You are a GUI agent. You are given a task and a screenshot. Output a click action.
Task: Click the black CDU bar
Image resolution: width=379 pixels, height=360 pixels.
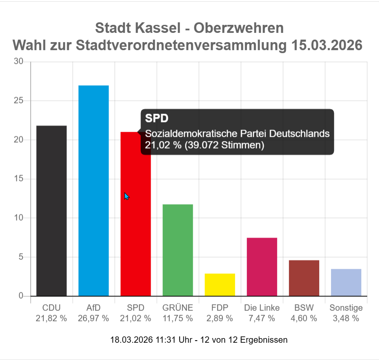tap(51, 211)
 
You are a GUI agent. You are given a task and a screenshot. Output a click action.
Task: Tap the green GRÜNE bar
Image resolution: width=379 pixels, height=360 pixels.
tap(178, 250)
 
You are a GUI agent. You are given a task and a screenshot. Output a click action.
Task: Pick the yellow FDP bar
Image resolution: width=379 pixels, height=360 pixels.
tap(220, 285)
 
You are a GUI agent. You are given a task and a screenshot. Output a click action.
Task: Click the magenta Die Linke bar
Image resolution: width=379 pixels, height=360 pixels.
tap(262, 267)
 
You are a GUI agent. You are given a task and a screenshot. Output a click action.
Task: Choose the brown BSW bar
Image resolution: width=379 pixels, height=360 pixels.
tap(304, 278)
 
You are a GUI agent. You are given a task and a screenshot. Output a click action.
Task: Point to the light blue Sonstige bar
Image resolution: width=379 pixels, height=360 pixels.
tap(346, 282)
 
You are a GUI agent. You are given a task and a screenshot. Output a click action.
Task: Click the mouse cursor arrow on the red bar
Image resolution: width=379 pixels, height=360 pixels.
tap(126, 196)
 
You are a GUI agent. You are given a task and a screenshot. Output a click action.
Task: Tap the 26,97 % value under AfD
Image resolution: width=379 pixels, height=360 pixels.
tap(93, 318)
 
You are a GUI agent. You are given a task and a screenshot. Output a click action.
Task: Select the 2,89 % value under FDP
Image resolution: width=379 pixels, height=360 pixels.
tap(220, 318)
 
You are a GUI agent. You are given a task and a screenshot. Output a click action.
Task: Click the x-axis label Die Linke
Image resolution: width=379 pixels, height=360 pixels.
tap(262, 308)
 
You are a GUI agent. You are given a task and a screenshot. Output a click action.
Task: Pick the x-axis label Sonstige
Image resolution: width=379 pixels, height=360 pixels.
tap(346, 308)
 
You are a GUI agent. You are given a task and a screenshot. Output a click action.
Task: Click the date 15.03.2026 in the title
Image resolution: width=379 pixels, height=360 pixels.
tap(327, 45)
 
